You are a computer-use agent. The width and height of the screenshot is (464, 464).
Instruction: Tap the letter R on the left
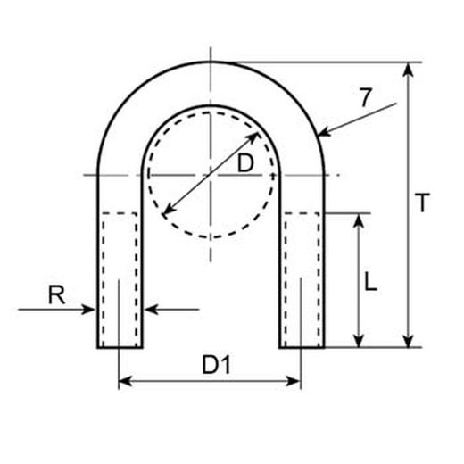coord(56,294)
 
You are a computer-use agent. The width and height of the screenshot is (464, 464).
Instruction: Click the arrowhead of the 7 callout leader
coord(322,135)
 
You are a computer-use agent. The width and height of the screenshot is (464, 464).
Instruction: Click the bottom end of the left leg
coord(120,346)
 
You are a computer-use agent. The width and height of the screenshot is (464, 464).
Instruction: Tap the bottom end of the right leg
coord(302,346)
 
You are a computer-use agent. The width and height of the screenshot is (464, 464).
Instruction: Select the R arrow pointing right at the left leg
coord(89,310)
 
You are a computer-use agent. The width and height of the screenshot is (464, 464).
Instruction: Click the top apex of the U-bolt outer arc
coord(211,61)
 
